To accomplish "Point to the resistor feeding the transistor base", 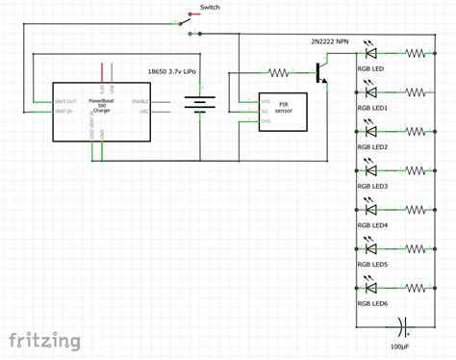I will point(278,70).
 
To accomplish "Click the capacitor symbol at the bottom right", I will point(403,324).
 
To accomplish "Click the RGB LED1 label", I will point(372,108).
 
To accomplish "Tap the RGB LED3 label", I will point(372,186).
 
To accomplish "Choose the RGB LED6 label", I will point(372,303).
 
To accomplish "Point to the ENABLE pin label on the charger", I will point(140,100).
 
